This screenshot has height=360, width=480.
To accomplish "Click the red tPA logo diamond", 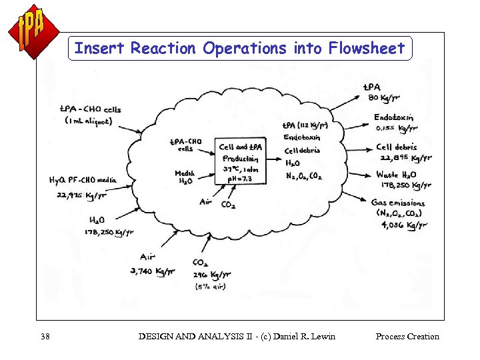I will (33, 31).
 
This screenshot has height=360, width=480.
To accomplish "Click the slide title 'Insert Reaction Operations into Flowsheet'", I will (240, 48).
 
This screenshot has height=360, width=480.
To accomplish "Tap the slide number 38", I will (45, 336).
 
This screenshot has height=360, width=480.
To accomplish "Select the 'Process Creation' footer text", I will (407, 336).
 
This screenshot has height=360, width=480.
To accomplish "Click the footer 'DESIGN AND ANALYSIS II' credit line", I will (237, 336).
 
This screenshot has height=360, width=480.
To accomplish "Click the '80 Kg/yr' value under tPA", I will (383, 99).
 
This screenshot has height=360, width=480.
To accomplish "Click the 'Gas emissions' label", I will (398, 203).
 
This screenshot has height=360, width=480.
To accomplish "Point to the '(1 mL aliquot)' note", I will (89, 121).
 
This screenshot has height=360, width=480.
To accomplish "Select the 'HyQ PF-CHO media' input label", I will (83, 179).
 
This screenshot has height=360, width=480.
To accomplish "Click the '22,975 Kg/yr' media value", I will (81, 195).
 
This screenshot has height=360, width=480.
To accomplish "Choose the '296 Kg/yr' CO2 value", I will (211, 274).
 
